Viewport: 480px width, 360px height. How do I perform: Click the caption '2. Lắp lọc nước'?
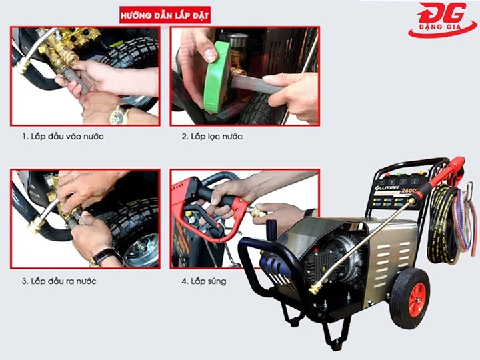[212, 137]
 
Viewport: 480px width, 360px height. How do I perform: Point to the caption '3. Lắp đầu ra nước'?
[63, 281]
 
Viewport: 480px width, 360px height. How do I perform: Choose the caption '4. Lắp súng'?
[204, 281]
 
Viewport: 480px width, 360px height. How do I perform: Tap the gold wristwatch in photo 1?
[119, 115]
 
